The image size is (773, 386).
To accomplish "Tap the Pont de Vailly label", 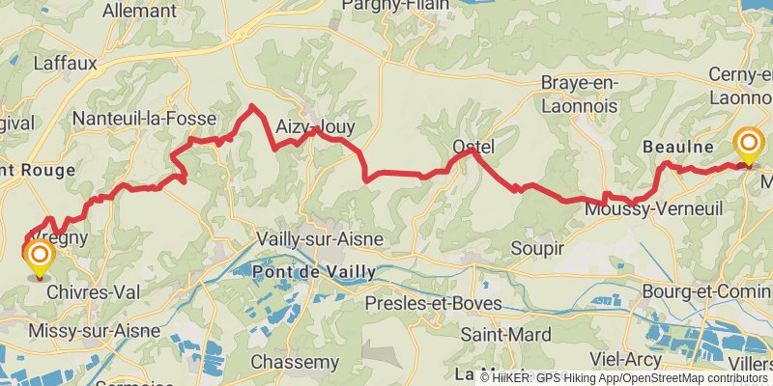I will click(312, 273).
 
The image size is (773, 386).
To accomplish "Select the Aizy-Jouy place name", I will click(314, 126).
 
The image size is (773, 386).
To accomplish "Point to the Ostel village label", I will click(473, 147).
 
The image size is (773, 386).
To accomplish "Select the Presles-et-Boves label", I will click(434, 304).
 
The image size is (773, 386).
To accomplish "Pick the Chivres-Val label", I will click(88, 292).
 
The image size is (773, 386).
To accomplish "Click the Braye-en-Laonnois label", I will click(587, 93).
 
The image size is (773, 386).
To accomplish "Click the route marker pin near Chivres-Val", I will click(40, 256).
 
